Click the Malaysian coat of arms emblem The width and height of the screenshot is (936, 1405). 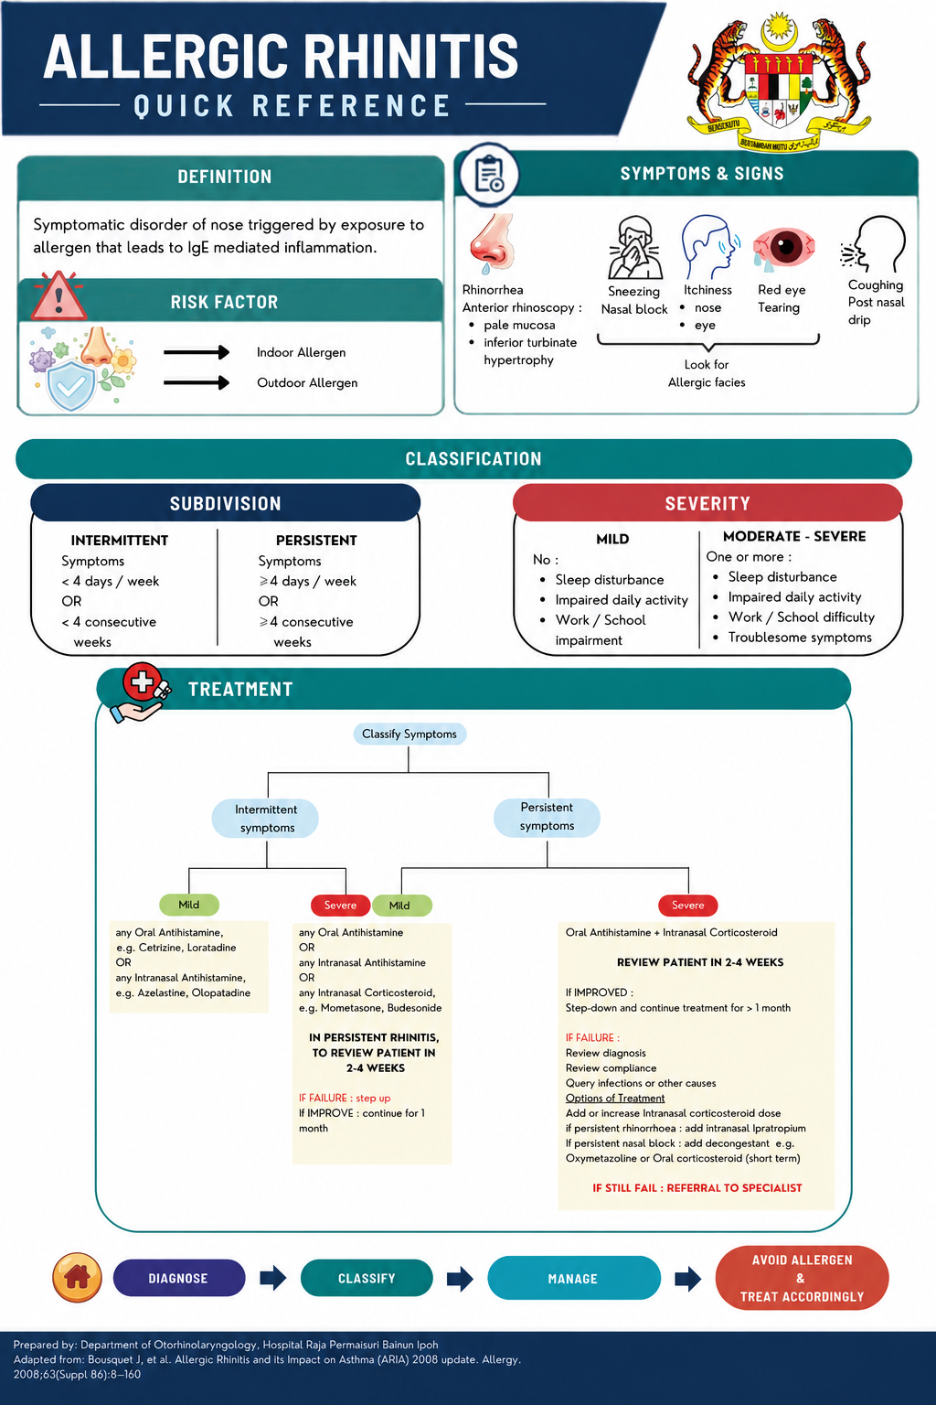point(779,81)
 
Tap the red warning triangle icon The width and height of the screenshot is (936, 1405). point(58,295)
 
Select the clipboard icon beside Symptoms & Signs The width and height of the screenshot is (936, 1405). point(489,175)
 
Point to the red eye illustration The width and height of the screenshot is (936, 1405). point(783,247)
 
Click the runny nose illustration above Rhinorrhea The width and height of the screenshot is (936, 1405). point(493,243)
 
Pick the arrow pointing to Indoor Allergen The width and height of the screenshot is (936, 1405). point(197,352)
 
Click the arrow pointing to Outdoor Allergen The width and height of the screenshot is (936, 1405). point(197,382)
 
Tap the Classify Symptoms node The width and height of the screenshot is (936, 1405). point(409,734)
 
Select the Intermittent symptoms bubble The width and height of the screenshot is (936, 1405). point(265,819)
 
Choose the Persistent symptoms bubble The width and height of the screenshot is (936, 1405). point(547,817)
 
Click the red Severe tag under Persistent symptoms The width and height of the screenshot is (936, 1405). point(687,905)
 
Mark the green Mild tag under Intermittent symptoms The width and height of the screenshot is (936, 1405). point(189,905)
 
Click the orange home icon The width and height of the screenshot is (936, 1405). point(77,1278)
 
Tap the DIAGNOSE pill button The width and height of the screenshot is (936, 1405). point(178,1278)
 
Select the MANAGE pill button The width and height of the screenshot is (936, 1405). point(574,1278)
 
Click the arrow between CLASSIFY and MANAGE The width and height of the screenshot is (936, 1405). point(460,1278)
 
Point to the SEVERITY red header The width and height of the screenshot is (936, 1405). point(707,503)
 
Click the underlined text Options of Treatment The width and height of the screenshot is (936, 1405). point(615,1099)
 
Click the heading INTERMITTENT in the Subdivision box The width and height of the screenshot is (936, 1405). point(119,540)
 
